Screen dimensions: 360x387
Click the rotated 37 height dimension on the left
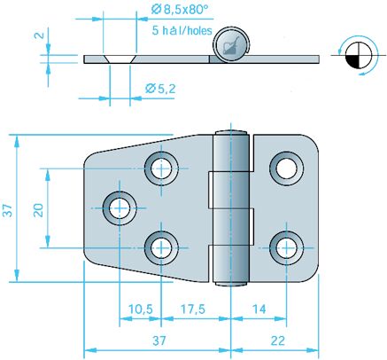pyautogui.click(x=8, y=209)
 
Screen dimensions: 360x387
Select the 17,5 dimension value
pyautogui.click(x=189, y=309)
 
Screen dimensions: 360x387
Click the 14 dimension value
pyautogui.click(x=257, y=309)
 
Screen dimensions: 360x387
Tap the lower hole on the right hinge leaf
pyautogui.click(x=285, y=247)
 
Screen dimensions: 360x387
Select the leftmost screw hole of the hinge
pyautogui.click(x=118, y=207)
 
